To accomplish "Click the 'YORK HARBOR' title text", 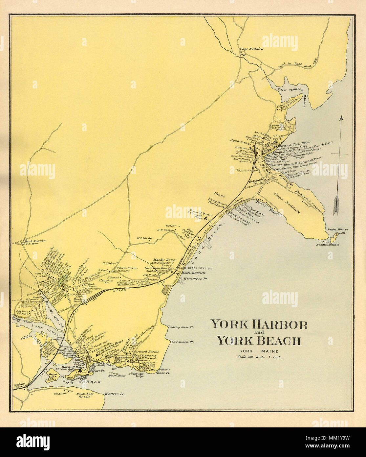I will [x=259, y=325].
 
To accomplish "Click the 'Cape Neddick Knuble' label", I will [x=328, y=244].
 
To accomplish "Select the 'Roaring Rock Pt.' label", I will [x=181, y=327].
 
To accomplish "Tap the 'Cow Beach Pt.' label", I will [x=183, y=342].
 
